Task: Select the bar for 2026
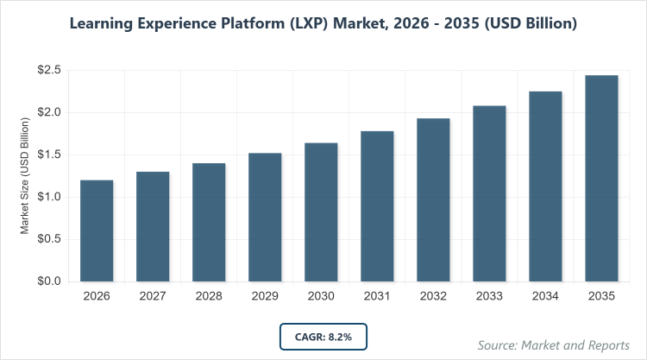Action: tap(97, 231)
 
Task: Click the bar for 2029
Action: tap(265, 217)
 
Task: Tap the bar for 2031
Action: tap(377, 206)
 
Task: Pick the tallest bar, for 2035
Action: tap(601, 179)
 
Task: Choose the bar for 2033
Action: tap(489, 193)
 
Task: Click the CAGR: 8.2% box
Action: tap(323, 335)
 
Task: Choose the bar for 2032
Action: tap(433, 199)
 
